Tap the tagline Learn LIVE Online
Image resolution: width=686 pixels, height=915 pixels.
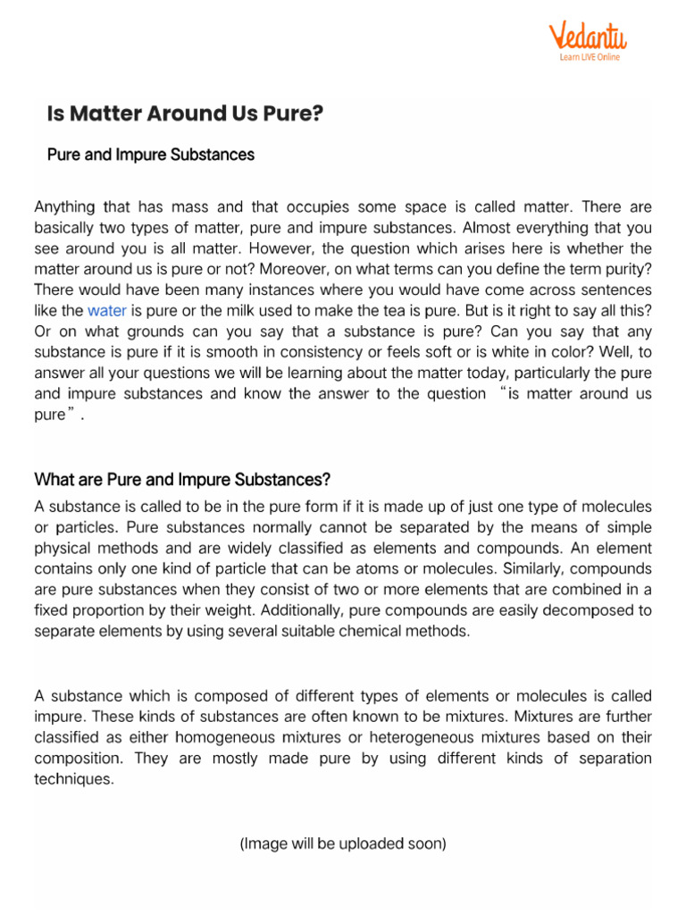pos(590,58)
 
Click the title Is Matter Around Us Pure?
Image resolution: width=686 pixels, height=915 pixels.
pos(185,113)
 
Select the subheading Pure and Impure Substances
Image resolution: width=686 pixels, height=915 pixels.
pos(150,155)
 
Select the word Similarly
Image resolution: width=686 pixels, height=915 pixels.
pos(519,568)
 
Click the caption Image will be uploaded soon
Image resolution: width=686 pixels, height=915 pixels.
pos(343,843)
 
